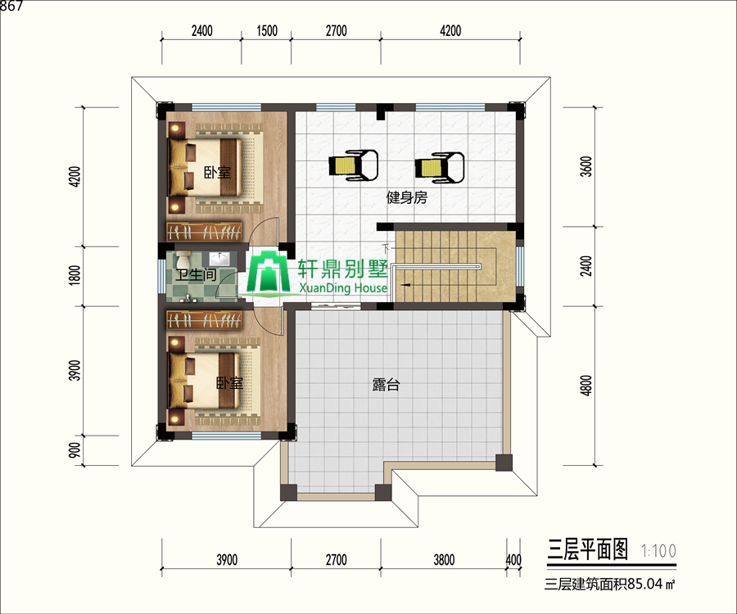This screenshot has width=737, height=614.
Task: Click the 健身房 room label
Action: pyautogui.click(x=406, y=197)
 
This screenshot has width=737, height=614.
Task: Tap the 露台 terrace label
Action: pyautogui.click(x=386, y=385)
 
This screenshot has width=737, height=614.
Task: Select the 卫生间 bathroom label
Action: pyautogui.click(x=197, y=275)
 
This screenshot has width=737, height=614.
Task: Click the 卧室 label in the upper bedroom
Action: pyautogui.click(x=217, y=173)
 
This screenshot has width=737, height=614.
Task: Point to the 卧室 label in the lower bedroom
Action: pyautogui.click(x=229, y=383)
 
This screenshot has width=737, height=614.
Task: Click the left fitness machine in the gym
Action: pyautogui.click(x=354, y=165)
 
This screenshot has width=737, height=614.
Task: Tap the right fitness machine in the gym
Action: pyautogui.click(x=440, y=168)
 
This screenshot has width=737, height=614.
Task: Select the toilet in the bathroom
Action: pyautogui.click(x=183, y=260)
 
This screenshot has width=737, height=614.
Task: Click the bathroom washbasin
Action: pyautogui.click(x=219, y=258)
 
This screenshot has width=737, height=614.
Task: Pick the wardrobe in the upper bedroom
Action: pyautogui.click(x=205, y=231)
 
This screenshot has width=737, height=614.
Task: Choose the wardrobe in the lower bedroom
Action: pyautogui.click(x=205, y=319)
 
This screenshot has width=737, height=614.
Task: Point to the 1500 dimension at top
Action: pyautogui.click(x=267, y=31)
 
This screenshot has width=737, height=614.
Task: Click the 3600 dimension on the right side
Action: pyautogui.click(x=586, y=166)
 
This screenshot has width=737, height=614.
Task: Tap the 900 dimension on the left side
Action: pyautogui.click(x=75, y=450)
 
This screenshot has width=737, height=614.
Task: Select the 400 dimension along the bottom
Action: pyautogui.click(x=513, y=559)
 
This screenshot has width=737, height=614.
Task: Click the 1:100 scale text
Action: pyautogui.click(x=658, y=551)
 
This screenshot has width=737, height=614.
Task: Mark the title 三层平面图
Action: pyautogui.click(x=587, y=549)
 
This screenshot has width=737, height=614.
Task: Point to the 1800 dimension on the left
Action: pyautogui.click(x=75, y=275)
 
